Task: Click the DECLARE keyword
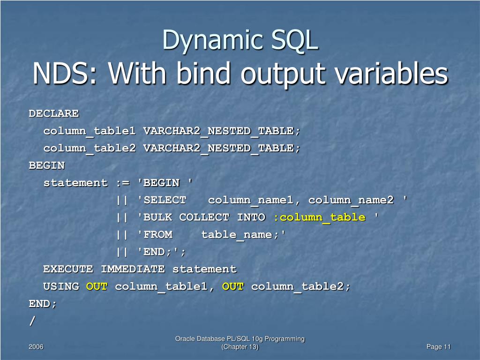(54, 113)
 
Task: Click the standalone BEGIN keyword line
(47, 165)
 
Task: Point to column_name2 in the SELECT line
(351, 200)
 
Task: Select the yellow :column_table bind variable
(319, 217)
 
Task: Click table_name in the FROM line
(236, 234)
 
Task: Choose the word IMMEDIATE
(133, 269)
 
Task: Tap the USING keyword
(61, 286)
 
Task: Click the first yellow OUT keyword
(97, 286)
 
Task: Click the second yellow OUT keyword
(233, 286)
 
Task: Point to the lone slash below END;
(32, 321)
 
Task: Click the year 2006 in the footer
(36, 347)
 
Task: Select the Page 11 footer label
(438, 347)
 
